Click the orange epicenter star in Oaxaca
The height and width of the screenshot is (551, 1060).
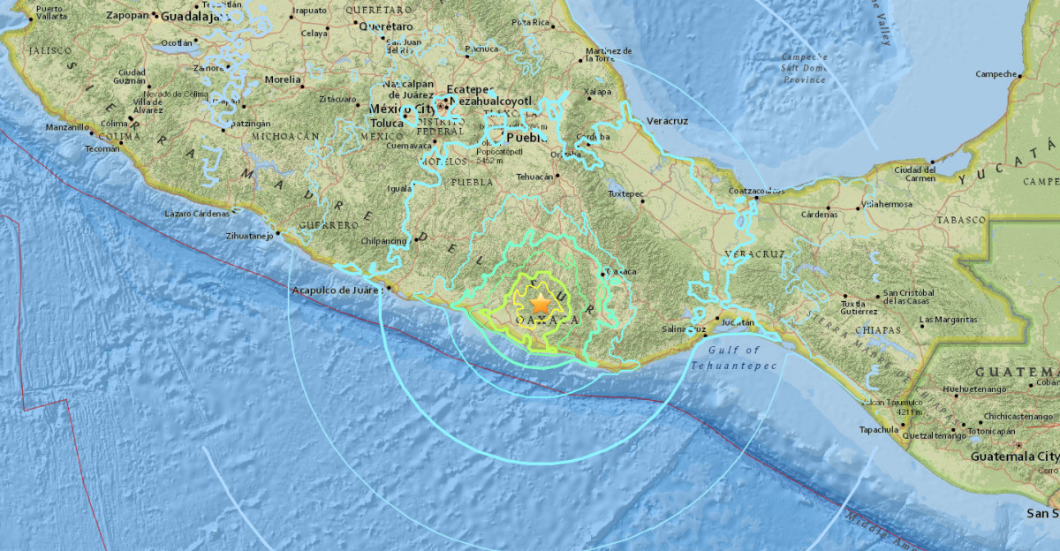[541, 305]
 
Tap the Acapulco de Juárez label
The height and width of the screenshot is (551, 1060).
[337, 290]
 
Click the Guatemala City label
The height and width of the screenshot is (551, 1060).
[1013, 457]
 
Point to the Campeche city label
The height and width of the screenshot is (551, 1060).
[996, 74]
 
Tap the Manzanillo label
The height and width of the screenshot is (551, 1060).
[67, 127]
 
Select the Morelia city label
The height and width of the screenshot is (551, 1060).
[283, 79]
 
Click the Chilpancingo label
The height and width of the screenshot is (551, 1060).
[383, 240]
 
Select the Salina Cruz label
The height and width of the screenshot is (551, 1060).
[684, 329]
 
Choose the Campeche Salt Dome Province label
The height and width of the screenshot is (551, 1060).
[803, 68]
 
